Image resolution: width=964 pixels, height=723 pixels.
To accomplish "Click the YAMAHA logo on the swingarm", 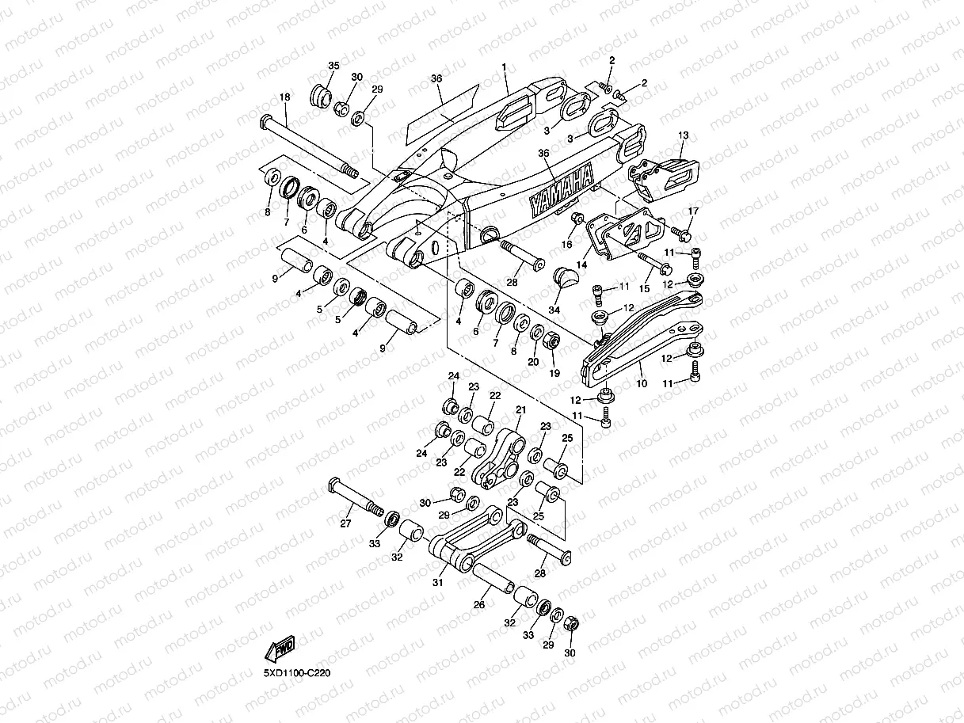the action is [x=562, y=190].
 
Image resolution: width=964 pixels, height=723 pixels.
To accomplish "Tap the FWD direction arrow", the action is [x=280, y=648].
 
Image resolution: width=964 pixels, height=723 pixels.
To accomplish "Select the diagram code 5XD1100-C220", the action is [x=297, y=673].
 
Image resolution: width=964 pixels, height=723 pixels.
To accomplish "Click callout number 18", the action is [x=284, y=97].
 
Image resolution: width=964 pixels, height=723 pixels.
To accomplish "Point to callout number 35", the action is [x=333, y=66].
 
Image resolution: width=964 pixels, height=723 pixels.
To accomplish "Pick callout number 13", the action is [x=684, y=135].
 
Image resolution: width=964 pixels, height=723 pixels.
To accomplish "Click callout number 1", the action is [x=504, y=67].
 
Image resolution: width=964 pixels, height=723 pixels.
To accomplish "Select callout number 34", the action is [x=554, y=310].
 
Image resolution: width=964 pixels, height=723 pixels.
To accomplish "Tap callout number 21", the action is [x=521, y=409].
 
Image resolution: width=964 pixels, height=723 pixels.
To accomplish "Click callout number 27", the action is [x=345, y=523].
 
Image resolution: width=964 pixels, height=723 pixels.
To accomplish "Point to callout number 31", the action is [x=438, y=583].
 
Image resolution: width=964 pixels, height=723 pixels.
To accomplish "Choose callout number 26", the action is [x=479, y=604].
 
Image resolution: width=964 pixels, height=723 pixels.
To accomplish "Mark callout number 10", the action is [x=642, y=383].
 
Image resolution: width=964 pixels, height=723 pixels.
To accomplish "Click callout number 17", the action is [x=693, y=211].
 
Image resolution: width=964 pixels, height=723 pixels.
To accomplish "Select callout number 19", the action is [x=554, y=373].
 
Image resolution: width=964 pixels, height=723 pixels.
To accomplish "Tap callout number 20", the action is [x=533, y=362].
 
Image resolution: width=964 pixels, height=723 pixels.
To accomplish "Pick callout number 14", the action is [x=581, y=264].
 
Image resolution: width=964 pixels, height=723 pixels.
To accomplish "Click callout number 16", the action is [x=567, y=244].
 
